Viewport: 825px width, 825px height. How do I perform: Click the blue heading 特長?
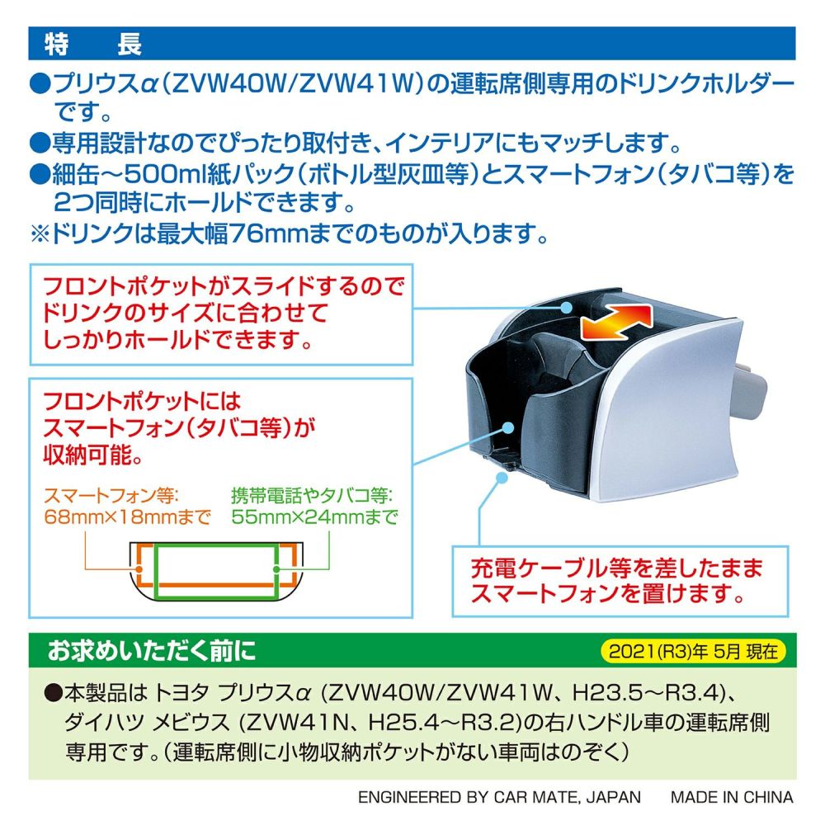[x=92, y=44]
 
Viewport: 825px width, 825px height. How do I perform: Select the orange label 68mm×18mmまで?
[x=125, y=517]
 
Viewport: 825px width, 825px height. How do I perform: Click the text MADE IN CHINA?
[x=731, y=797]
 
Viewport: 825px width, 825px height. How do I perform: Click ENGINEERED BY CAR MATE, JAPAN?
[x=499, y=797]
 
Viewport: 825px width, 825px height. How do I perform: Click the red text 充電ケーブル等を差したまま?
[x=616, y=568]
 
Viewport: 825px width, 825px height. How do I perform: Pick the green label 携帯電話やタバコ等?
[x=312, y=496]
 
